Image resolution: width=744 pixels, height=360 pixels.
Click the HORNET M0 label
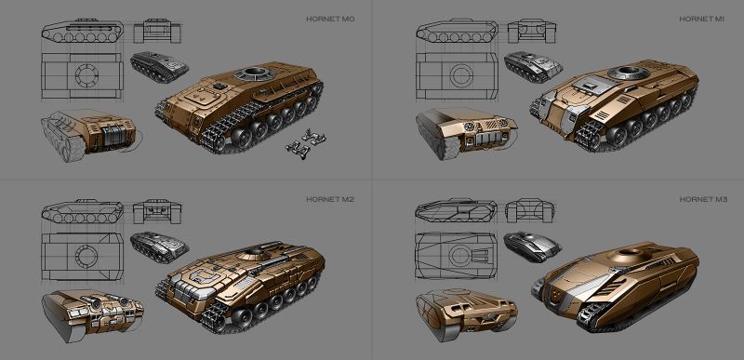pos(330,19)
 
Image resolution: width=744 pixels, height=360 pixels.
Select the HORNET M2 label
pos(330,199)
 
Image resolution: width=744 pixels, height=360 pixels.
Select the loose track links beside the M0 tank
pos(305,143)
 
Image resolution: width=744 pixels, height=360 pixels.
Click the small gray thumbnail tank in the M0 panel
pos(159,67)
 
